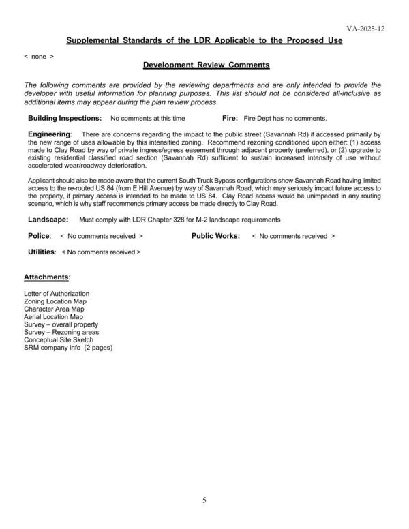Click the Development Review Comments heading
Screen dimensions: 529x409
(x=207, y=65)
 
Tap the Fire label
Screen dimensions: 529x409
(x=230, y=118)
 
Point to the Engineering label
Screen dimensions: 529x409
(x=49, y=134)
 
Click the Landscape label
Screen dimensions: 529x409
(x=48, y=220)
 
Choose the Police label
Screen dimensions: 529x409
(x=40, y=236)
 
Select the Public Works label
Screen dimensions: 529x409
(x=215, y=236)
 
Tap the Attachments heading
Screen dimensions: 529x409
(x=47, y=278)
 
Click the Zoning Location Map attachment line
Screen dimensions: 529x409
(x=56, y=301)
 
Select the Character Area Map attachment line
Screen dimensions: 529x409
(x=54, y=309)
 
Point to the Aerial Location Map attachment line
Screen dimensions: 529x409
(x=53, y=317)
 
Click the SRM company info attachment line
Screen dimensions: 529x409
(x=68, y=348)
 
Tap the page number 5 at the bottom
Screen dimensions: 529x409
(x=204, y=500)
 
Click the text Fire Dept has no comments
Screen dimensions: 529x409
(x=285, y=118)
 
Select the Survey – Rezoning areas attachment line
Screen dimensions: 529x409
(x=60, y=332)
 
